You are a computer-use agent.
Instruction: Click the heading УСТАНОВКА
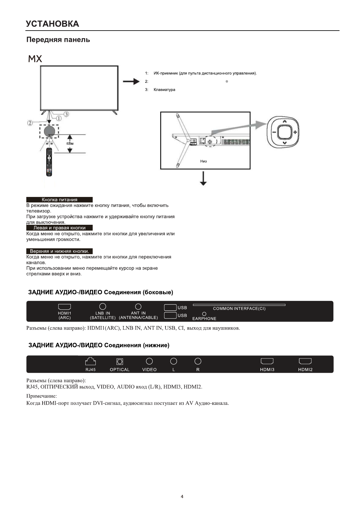pyautogui.click(x=53, y=24)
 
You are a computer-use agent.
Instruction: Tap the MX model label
pyautogui.click(x=35, y=59)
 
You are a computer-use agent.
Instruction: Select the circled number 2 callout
pyautogui.click(x=30, y=123)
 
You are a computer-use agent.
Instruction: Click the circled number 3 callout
pyautogui.click(x=66, y=114)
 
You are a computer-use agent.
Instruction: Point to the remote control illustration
pyautogui.click(x=49, y=162)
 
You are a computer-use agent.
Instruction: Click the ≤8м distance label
pyautogui.click(x=70, y=143)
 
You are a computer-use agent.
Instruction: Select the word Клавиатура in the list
pyautogui.click(x=164, y=90)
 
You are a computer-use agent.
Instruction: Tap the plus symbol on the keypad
pyautogui.click(x=295, y=132)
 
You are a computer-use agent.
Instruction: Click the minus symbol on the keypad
pyautogui.click(x=274, y=132)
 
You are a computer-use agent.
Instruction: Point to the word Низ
pyautogui.click(x=203, y=161)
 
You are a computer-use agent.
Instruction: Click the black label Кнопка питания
pyautogui.click(x=59, y=200)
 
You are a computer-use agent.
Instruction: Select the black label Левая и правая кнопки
pyautogui.click(x=59, y=228)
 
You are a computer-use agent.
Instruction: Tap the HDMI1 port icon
pyautogui.click(x=65, y=307)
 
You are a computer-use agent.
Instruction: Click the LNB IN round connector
pyautogui.click(x=103, y=306)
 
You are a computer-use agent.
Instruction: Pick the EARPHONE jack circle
pyautogui.click(x=204, y=314)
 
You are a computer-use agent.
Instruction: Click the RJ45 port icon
pyautogui.click(x=91, y=361)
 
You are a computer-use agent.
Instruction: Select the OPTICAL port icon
pyautogui.click(x=120, y=361)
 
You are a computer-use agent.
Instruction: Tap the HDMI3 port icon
pyautogui.click(x=267, y=361)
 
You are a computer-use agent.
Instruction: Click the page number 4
pyautogui.click(x=182, y=497)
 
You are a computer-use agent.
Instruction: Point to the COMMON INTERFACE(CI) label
pyautogui.click(x=239, y=309)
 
